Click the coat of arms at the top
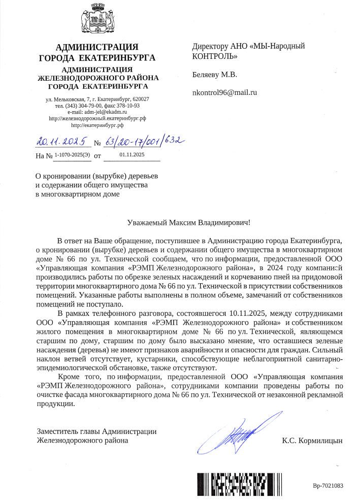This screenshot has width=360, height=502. click(x=96, y=21)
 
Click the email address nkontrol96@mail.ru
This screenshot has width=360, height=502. click(x=224, y=93)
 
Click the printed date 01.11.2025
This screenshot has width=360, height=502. click(x=132, y=154)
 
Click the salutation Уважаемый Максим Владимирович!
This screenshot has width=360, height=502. click(x=188, y=222)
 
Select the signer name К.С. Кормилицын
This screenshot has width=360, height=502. click(x=312, y=440)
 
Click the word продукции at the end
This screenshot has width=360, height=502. click(x=56, y=405)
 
